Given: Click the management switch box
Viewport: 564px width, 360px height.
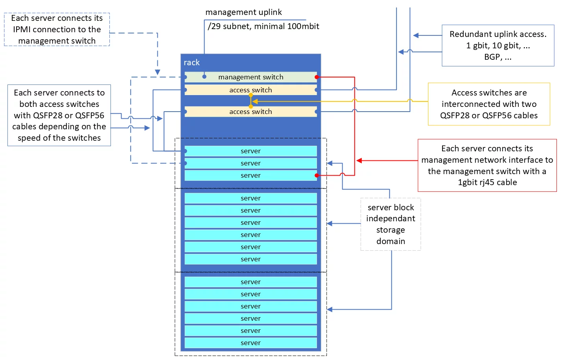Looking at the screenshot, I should tap(251, 77).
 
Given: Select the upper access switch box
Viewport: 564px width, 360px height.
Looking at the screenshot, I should tap(251, 90).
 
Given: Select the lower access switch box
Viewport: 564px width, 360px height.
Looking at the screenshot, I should tap(251, 112).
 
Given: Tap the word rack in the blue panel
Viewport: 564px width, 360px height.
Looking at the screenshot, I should tap(192, 62).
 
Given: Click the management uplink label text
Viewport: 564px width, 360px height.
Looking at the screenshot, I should tap(243, 12).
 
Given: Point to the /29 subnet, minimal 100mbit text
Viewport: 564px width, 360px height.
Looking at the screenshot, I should tap(263, 26).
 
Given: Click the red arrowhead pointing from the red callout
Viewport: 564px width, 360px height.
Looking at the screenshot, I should tap(359, 160).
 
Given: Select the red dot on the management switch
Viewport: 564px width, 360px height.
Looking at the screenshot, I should tap(317, 77).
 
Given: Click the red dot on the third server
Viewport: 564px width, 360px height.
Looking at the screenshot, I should tap(317, 175).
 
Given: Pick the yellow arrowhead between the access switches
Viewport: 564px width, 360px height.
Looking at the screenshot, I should tap(255, 101).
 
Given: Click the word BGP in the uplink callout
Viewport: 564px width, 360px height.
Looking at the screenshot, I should tap(492, 57).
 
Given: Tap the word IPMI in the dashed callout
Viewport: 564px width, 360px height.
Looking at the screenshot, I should tap(22, 29).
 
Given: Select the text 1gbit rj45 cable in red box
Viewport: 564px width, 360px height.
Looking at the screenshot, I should tap(487, 182).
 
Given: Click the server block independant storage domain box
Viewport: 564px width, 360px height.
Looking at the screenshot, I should tap(391, 224).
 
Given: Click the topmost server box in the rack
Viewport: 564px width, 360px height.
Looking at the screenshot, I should tap(251, 151).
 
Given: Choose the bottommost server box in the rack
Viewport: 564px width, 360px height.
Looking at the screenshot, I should tap(251, 343).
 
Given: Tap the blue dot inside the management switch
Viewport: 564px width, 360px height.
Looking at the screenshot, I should tap(204, 77).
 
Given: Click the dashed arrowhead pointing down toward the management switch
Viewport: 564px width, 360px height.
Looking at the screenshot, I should tap(157, 72).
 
